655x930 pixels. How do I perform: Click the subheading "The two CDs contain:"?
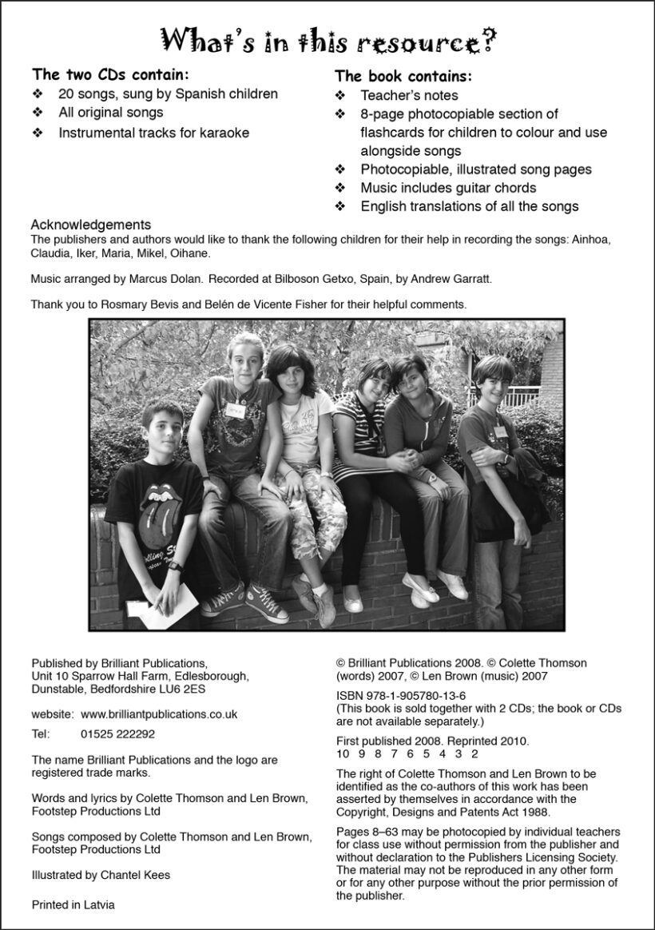click(110, 75)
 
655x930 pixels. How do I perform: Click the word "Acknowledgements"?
click(90, 225)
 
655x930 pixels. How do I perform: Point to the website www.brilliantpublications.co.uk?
click(159, 714)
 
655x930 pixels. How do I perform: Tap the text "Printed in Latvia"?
click(73, 905)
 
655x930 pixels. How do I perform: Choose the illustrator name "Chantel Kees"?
click(135, 875)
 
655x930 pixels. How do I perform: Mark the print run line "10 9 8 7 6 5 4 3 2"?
click(407, 753)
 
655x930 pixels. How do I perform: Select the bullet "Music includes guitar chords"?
click(448, 188)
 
